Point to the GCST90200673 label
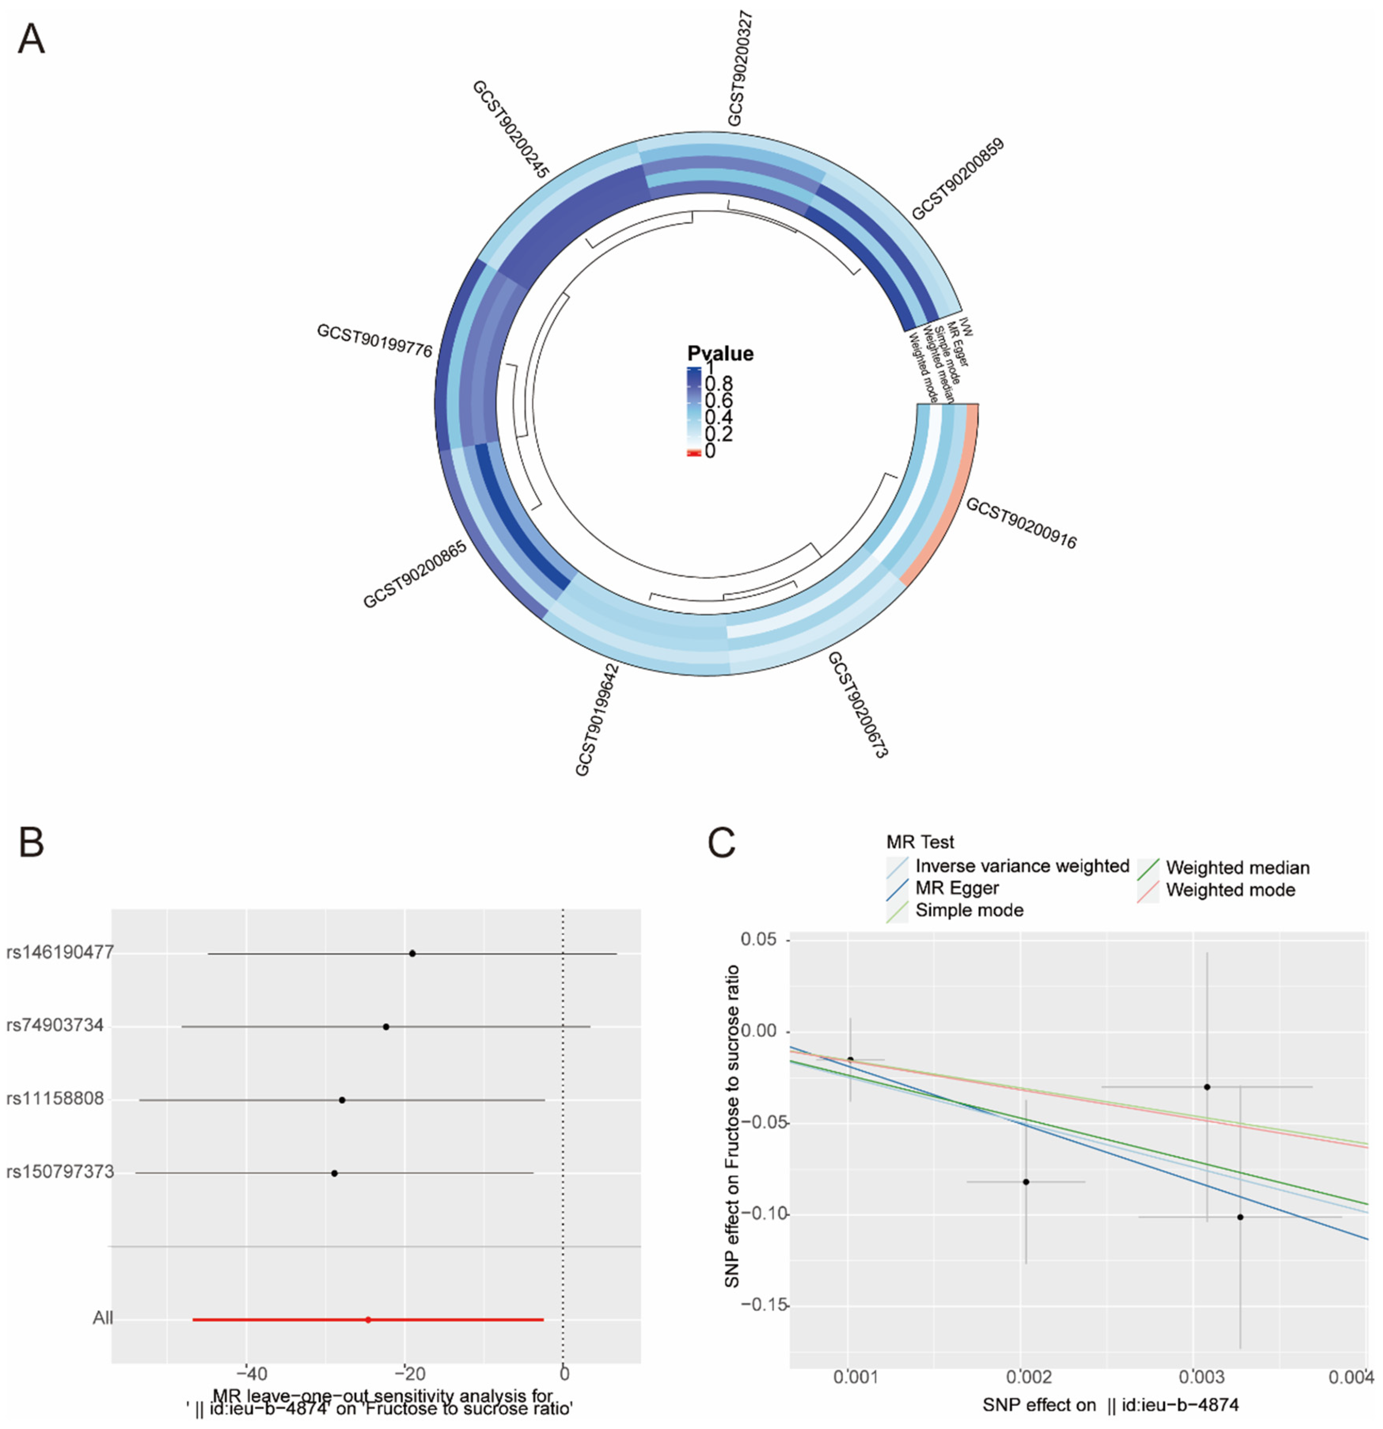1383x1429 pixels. tap(857, 704)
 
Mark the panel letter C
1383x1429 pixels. tap(721, 843)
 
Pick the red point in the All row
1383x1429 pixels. tap(368, 1320)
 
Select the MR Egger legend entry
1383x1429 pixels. tap(957, 888)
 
